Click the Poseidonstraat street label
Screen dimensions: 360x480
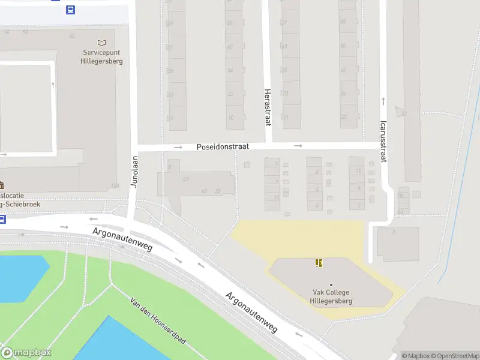pyautogui.click(x=223, y=146)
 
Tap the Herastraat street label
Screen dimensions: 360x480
pyautogui.click(x=268, y=107)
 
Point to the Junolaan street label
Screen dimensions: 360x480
pyautogui.click(x=135, y=172)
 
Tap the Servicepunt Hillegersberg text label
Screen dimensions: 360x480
pyautogui.click(x=102, y=56)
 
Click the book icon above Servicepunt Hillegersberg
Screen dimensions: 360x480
pyautogui.click(x=101, y=43)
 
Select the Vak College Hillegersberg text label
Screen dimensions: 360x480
pyautogui.click(x=331, y=297)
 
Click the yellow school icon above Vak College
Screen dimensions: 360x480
pyautogui.click(x=319, y=263)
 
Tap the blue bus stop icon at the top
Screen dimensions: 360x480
pyautogui.click(x=71, y=10)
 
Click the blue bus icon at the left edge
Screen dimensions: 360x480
pyautogui.click(x=2, y=219)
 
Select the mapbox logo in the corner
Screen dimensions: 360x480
pyautogui.click(x=26, y=353)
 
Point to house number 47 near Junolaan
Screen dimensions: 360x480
pyautogui.click(x=186, y=179)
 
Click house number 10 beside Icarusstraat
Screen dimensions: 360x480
pyautogui.click(x=358, y=171)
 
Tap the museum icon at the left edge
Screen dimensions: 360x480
pyautogui.click(x=2, y=184)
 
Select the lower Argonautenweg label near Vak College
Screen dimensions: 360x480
pyautogui.click(x=251, y=312)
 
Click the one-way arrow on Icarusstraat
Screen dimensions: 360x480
pyautogui.click(x=383, y=100)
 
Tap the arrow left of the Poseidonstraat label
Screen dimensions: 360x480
pyautogui.click(x=178, y=147)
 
